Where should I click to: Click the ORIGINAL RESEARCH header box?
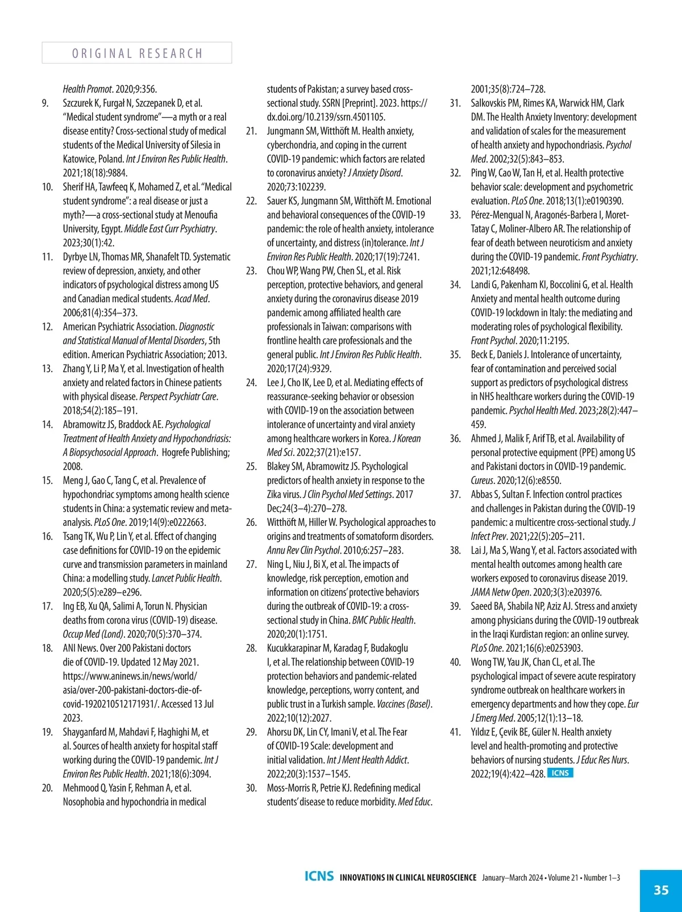point(137,53)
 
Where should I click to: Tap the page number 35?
point(661,890)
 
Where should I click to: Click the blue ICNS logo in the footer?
point(319,876)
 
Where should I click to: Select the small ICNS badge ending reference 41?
point(560,773)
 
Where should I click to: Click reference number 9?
point(45,103)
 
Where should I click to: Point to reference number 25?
point(251,467)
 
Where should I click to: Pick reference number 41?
point(455,733)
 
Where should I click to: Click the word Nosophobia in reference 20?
point(83,802)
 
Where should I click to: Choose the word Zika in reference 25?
point(275,495)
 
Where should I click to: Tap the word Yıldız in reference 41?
point(483,733)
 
